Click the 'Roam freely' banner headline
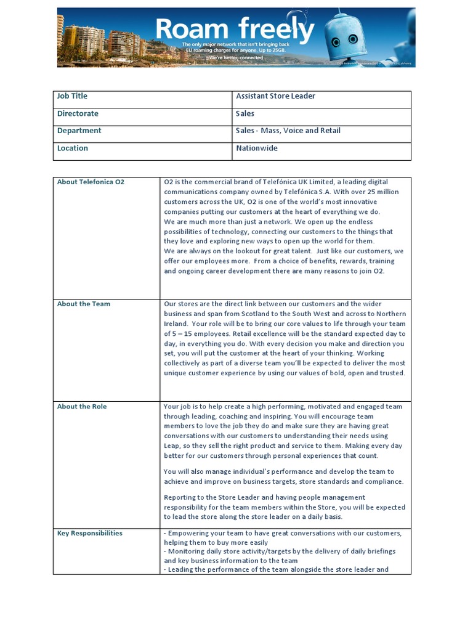pos(235,29)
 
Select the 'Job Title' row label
pos(72,96)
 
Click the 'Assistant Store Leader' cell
pos(275,96)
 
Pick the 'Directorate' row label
pos(78,113)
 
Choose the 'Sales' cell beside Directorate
pos(245,113)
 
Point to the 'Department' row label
pos(79,131)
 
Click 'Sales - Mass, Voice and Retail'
pos(288,131)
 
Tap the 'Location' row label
pos(73,148)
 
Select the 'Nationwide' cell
pos(257,148)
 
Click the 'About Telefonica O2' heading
pos(91,182)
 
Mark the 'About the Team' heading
pos(84,304)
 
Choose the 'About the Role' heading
pos(82,407)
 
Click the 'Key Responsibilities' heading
pos(90,533)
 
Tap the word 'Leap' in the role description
pos(172,446)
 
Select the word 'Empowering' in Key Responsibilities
pos(187,533)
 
